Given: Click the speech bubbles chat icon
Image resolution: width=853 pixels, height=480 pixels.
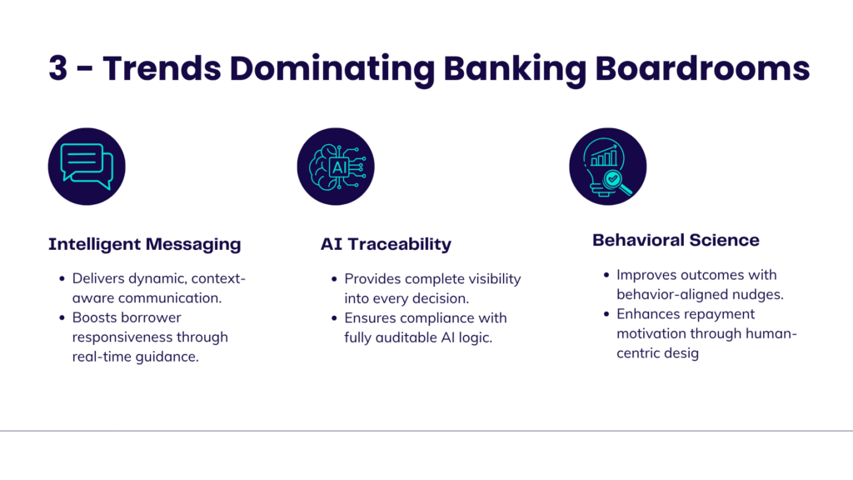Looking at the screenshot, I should point(87,166).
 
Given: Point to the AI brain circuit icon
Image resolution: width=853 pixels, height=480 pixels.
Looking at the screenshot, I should point(336,166).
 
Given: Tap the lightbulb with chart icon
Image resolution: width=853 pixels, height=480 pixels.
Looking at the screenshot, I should point(607,166).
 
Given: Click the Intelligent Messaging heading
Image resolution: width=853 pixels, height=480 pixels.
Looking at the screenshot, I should point(144,244).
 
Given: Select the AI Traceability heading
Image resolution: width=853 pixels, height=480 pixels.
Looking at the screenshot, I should point(386,244).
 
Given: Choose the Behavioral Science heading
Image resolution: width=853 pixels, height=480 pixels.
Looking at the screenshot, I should point(676,240).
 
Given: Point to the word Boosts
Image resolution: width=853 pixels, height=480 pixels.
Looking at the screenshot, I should point(93,317).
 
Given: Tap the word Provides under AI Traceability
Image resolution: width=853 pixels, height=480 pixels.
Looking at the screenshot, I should point(372,278).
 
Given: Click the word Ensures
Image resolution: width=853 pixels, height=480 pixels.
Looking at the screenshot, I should point(370,317).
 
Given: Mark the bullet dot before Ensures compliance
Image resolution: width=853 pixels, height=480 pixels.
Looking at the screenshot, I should point(335,318).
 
